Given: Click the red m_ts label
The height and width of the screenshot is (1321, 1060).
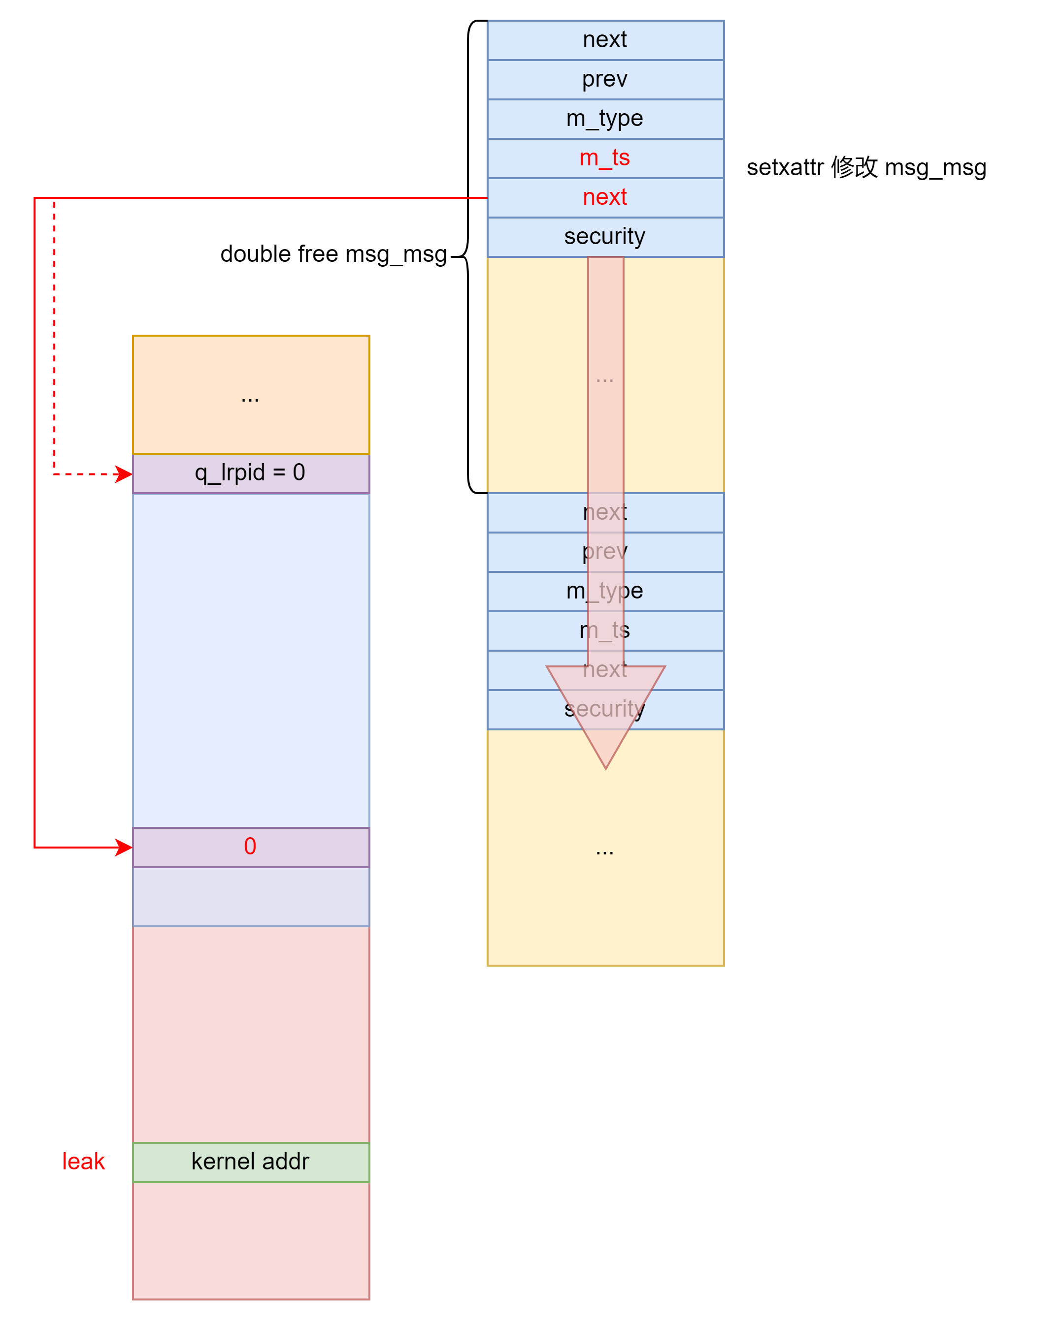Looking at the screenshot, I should [604, 158].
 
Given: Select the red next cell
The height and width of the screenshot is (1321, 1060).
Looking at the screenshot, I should [604, 197].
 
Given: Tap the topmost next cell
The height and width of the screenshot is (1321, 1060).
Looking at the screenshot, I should [604, 40].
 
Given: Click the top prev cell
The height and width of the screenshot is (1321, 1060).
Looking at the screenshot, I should [604, 79].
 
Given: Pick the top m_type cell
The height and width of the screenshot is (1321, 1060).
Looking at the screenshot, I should [604, 118].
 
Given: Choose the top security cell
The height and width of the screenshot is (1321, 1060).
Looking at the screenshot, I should [604, 237].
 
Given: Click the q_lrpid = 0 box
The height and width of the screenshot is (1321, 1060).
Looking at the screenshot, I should [250, 473].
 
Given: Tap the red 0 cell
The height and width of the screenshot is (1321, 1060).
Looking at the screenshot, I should [250, 847].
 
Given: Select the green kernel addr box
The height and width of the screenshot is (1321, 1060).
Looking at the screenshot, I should [250, 1162].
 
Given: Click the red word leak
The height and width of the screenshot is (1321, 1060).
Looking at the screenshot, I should [83, 1162].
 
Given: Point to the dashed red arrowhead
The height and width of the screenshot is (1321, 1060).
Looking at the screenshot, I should [125, 474].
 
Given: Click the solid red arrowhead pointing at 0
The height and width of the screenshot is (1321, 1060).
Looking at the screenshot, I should [125, 848].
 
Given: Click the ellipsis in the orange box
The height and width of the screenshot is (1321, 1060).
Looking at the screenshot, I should [250, 398].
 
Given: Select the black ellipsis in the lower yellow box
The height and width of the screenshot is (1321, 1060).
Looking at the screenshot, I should [604, 850].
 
